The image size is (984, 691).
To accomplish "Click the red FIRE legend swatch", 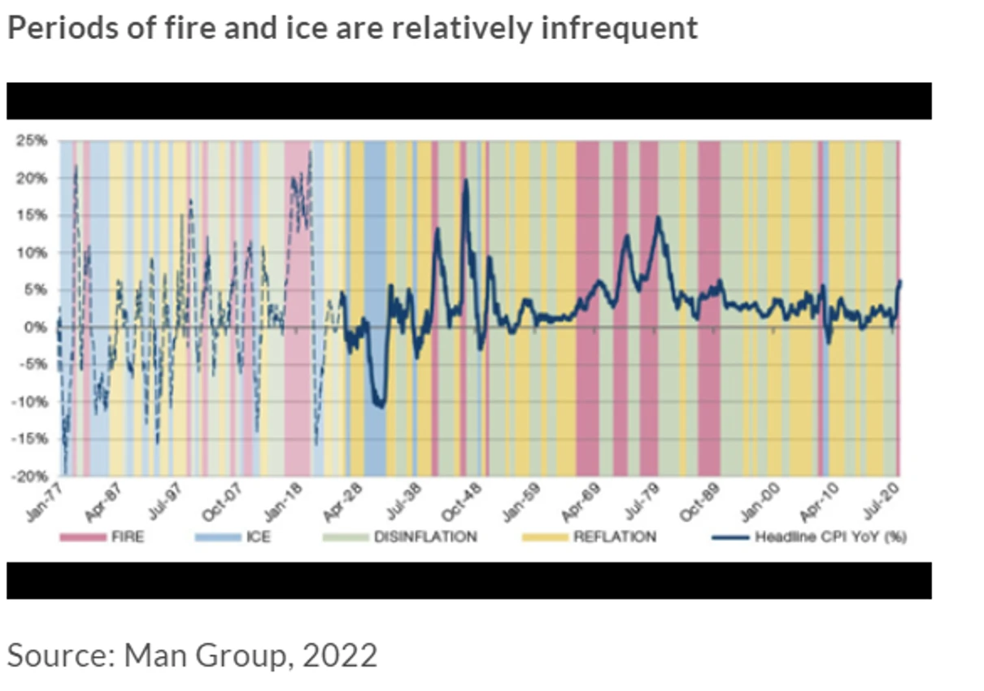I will pyautogui.click(x=84, y=537).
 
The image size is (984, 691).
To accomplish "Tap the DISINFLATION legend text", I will pyautogui.click(x=425, y=537).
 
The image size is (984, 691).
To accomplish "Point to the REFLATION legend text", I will pyautogui.click(x=614, y=537).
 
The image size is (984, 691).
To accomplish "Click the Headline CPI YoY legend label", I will pyautogui.click(x=830, y=537).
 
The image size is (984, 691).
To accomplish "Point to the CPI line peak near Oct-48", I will pyautogui.click(x=466, y=180).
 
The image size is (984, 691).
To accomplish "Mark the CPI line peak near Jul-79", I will pyautogui.click(x=658, y=217).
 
